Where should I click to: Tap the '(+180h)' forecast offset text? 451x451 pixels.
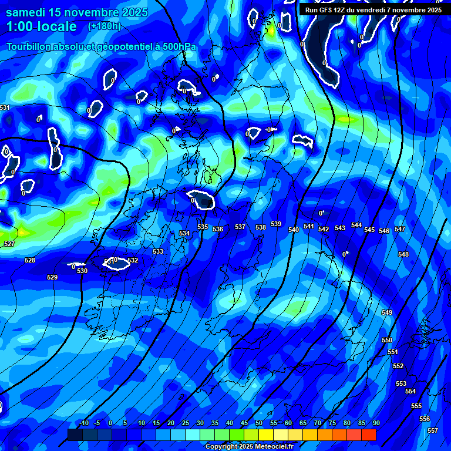pyautogui.click(x=105, y=26)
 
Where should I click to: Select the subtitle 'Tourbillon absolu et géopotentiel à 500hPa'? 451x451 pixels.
pyautogui.click(x=102, y=46)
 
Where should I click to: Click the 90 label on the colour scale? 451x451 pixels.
pyautogui.click(x=376, y=423)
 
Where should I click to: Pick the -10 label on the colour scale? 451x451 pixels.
pyautogui.click(x=83, y=423)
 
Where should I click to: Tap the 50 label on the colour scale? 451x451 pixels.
pyautogui.click(x=259, y=423)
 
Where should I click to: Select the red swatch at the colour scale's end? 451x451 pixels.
pyautogui.click(x=369, y=435)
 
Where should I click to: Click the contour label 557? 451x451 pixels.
pyautogui.click(x=433, y=430)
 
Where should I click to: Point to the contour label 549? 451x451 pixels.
pyautogui.click(x=387, y=312)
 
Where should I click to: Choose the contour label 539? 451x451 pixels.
pyautogui.click(x=276, y=224)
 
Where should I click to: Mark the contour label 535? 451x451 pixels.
pyautogui.click(x=203, y=227)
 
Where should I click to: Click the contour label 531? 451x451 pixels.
pyautogui.click(x=5, y=107)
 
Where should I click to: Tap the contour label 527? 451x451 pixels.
pyautogui.click(x=9, y=244)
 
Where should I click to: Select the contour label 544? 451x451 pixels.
pyautogui.click(x=356, y=225)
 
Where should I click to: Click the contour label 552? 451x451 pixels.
pyautogui.click(x=398, y=366)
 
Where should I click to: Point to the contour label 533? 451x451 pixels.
pyautogui.click(x=158, y=251)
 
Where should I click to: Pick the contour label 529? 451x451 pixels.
pyautogui.click(x=52, y=277)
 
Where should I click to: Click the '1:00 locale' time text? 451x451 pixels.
pyautogui.click(x=42, y=26)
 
